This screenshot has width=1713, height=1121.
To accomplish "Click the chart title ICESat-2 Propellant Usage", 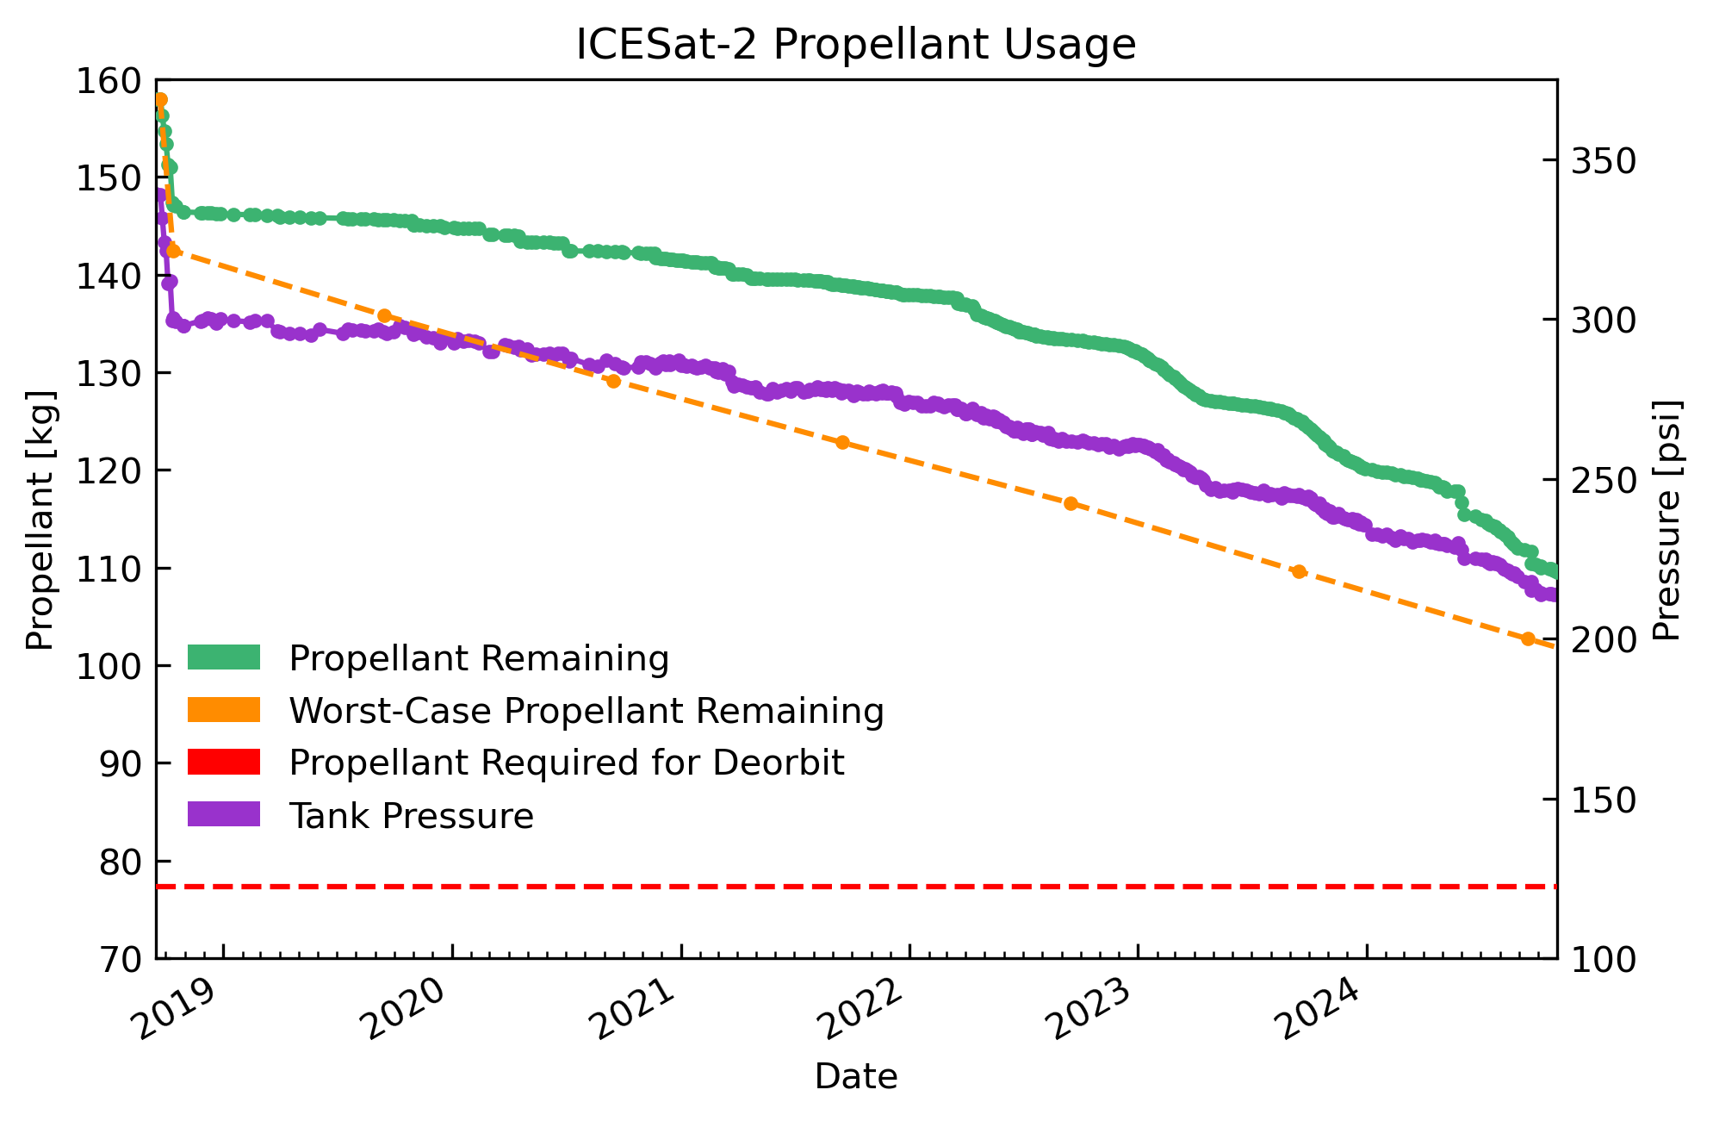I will point(855,45).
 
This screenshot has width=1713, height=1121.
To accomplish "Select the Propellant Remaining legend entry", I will point(478,658).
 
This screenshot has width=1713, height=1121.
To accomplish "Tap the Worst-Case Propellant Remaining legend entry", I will point(586,711).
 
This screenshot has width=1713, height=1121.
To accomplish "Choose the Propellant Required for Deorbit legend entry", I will point(566,763).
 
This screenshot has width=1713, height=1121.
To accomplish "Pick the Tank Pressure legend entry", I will point(411,815).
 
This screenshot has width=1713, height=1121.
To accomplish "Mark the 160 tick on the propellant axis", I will point(109,81).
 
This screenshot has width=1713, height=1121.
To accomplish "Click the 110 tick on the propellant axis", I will point(109,569).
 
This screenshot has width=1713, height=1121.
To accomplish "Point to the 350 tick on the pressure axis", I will point(1604,161).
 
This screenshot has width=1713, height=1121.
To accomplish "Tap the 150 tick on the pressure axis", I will point(1604,800).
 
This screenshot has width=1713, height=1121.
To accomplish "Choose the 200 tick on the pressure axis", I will point(1604,640).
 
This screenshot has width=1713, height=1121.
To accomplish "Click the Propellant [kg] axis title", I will point(40,520).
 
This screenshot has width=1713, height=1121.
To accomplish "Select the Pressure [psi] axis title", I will point(1667,520).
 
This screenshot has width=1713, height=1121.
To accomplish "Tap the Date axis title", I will point(855,1077).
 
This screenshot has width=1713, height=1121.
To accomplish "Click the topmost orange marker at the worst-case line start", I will point(160,100).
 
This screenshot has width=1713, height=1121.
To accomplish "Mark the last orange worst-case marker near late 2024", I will point(1528,638).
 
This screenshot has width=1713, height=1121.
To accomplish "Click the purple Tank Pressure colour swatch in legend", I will point(223,814).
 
